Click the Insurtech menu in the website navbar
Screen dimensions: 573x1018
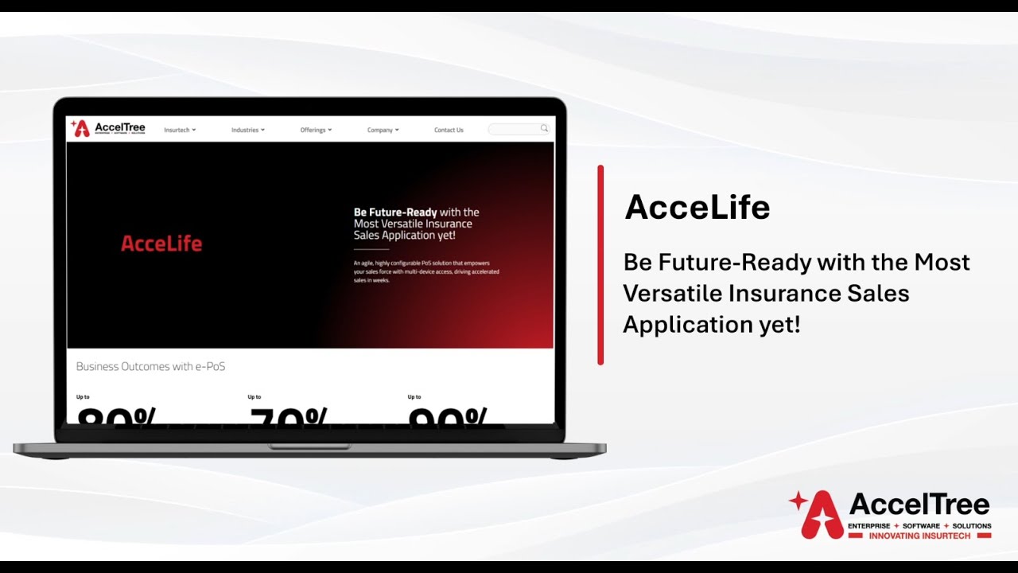coord(179,130)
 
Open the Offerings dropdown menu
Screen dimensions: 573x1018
coord(315,130)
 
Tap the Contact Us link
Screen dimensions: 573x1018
coord(449,130)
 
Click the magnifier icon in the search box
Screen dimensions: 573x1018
coord(544,128)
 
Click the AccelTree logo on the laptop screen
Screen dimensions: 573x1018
coord(108,128)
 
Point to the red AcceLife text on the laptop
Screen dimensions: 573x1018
coord(161,244)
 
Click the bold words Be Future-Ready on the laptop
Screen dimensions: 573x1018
coord(395,212)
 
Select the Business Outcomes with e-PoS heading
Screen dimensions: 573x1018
coord(150,367)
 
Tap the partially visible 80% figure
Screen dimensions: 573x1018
coord(117,415)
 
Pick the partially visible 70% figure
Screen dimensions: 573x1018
coord(288,415)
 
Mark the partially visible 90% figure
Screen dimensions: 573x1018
coord(447,415)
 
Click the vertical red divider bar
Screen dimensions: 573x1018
coord(600,265)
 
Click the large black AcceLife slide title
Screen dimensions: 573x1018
coord(697,208)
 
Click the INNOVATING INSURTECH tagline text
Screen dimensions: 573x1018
coord(919,536)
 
